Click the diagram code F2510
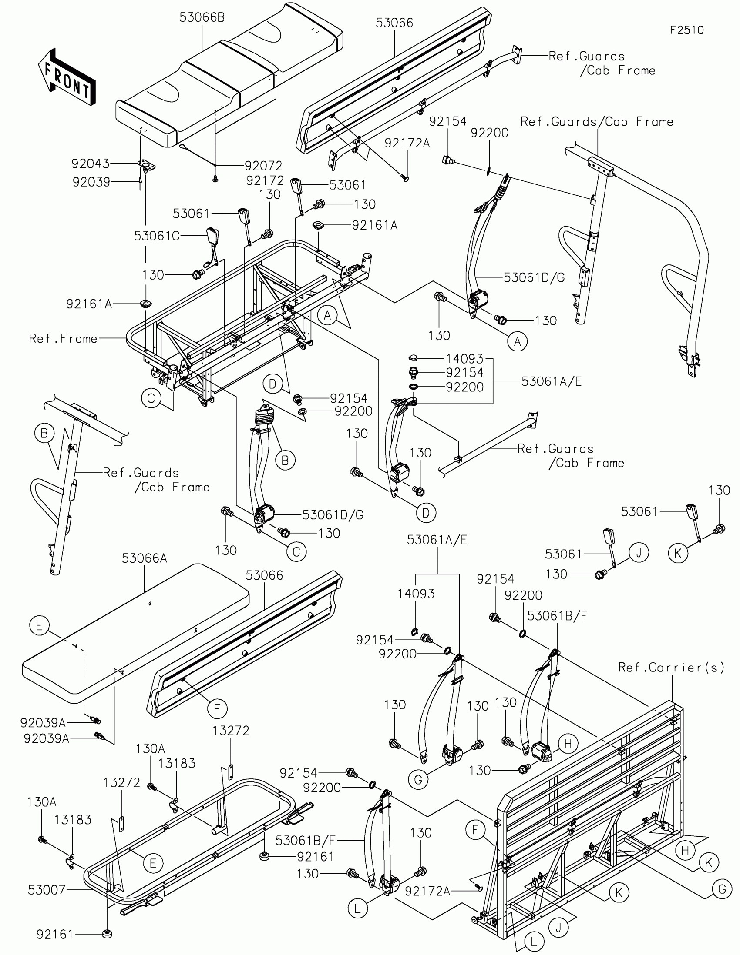686,30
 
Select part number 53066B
202,18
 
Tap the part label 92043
91,164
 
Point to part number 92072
263,166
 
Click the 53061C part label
157,236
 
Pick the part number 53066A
145,558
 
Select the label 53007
47,890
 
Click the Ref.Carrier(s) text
671,667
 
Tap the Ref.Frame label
63,338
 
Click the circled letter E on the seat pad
39,626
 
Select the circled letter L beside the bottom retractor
357,909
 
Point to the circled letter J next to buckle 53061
639,553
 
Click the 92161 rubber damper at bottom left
106,934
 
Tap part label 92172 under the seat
265,180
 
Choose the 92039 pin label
91,182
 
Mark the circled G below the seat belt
418,779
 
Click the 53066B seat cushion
228,79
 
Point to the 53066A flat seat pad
136,630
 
